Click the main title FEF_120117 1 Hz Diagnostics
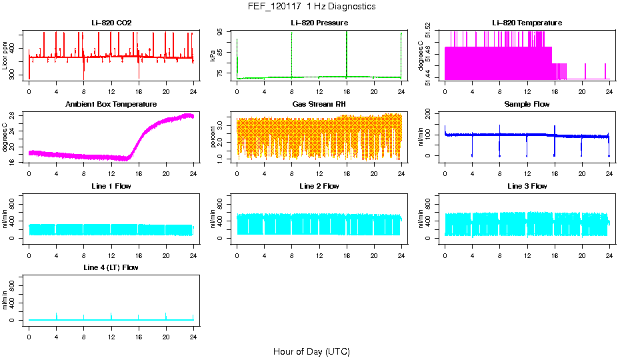tap(311, 7)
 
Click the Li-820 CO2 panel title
tap(111, 23)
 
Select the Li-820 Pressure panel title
tap(319, 23)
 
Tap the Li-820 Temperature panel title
tap(527, 23)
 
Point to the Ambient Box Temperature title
tap(111, 105)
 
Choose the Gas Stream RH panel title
tap(319, 105)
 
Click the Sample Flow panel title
tap(527, 105)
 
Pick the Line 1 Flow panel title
tap(111, 186)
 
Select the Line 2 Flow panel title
tap(319, 186)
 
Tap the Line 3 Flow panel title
tap(527, 186)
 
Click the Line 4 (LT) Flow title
tap(111, 267)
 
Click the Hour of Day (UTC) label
tap(311, 351)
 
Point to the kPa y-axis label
tap(213, 55)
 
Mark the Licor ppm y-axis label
tap(5, 55)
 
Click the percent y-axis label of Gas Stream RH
tap(213, 137)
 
